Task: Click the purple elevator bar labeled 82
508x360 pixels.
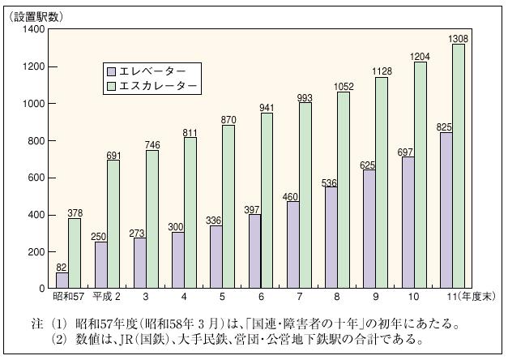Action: pos(62,280)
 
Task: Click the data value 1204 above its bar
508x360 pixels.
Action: pos(424,56)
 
